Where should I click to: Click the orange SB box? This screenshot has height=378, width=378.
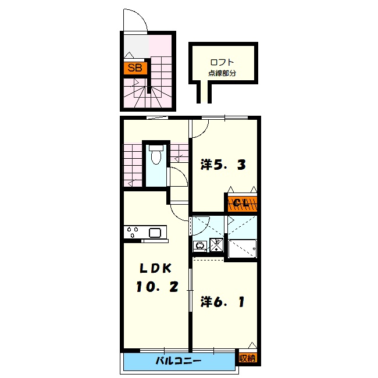tap(135, 68)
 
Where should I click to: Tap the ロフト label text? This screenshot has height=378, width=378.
tap(222, 62)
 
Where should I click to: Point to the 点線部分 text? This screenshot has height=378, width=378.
tap(222, 73)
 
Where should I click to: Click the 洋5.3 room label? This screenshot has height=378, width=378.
tap(223, 165)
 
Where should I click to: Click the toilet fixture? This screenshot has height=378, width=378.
tap(156, 155)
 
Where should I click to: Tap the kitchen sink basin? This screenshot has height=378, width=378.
tap(155, 233)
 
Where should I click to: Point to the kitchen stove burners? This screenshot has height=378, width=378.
tap(133, 231)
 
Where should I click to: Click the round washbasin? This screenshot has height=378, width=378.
tap(200, 246)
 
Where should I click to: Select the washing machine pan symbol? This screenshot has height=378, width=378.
tap(216, 245)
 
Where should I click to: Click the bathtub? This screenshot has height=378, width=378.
tap(243, 249)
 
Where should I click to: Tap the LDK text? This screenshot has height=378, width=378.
tap(156, 268)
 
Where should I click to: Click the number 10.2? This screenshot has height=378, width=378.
tap(157, 287)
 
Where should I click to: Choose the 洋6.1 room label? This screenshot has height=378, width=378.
tap(223, 302)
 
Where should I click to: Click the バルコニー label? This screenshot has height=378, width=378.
tap(179, 361)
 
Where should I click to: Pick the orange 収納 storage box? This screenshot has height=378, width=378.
tap(248, 358)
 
